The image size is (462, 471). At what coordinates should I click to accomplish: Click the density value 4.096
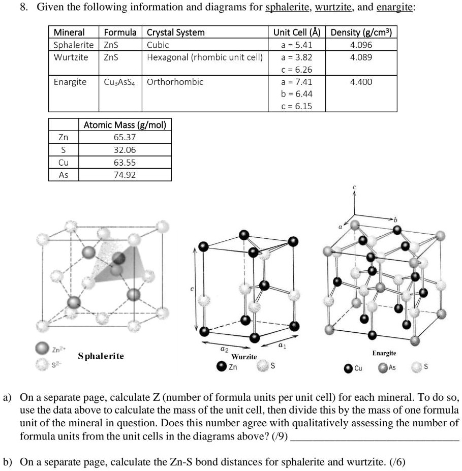(x=361, y=45)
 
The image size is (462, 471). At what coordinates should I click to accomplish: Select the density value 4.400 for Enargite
(x=361, y=82)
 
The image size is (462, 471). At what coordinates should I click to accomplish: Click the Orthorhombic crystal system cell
(x=175, y=82)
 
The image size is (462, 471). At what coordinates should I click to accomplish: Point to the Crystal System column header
(x=176, y=33)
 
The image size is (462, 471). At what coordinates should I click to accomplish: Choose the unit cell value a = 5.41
(x=297, y=45)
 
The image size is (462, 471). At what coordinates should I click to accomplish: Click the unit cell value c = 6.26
(x=297, y=70)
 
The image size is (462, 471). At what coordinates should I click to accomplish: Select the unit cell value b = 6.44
(x=297, y=94)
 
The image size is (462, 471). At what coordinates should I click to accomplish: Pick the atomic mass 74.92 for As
(x=125, y=175)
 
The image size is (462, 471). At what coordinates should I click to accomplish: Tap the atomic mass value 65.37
(x=125, y=137)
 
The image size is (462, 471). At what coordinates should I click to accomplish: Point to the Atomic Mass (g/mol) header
(x=125, y=124)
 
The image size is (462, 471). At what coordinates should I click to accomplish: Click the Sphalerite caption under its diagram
(x=101, y=356)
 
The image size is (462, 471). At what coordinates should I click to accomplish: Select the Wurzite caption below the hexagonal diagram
(x=244, y=357)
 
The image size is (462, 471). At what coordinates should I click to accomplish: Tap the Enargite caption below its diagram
(x=384, y=353)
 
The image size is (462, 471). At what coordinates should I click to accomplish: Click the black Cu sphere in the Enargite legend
(x=348, y=368)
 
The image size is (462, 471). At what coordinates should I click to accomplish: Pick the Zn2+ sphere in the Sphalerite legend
(x=42, y=347)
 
